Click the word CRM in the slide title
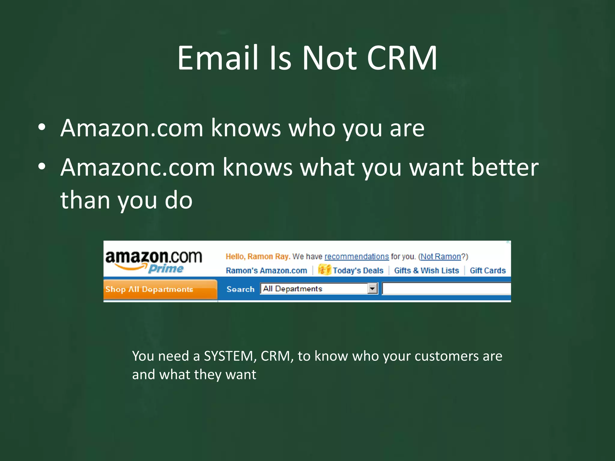tap(402, 58)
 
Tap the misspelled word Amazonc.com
tap(138, 167)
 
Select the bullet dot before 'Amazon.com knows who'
tap(42, 127)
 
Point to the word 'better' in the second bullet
tap(504, 167)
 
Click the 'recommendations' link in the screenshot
tap(356, 257)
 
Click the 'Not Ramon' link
tap(441, 257)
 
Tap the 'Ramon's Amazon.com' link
tap(266, 271)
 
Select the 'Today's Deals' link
tap(358, 271)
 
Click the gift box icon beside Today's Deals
tap(324, 270)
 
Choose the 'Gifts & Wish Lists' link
tap(426, 271)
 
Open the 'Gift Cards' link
tap(488, 271)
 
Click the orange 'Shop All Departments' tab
tap(160, 289)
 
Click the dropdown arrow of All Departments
tap(372, 289)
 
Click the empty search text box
tap(446, 289)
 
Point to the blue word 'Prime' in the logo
tap(166, 269)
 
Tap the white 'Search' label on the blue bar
tap(240, 289)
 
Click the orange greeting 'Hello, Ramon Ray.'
tap(258, 257)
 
